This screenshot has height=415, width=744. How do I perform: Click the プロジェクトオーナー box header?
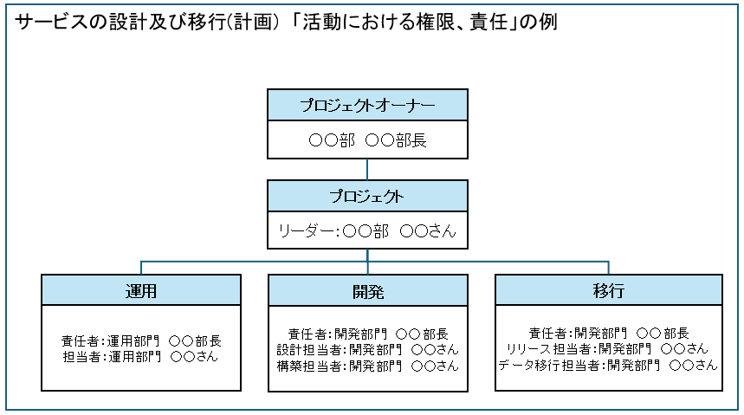coord(367,105)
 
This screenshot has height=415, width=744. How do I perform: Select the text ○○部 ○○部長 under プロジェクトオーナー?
coord(367,140)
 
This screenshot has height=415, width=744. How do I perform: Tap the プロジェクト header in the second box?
coord(367,196)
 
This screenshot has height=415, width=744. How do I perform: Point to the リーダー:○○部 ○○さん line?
coord(367,231)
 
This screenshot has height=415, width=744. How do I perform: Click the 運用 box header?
coord(140,290)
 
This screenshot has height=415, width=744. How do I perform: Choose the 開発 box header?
coord(367,290)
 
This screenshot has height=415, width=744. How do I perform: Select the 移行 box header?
coord(608,290)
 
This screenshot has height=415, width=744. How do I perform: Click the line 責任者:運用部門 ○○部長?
coord(141,340)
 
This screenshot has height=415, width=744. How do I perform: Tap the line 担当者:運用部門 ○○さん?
coord(141,356)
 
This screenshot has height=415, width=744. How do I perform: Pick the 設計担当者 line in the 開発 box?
coord(367,349)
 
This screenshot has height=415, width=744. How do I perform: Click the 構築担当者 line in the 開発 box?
coord(367,366)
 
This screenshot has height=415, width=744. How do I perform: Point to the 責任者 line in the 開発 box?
coord(367,334)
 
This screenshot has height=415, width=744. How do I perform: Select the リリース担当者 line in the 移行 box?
coord(608,349)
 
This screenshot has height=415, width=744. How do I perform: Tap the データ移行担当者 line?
coord(608,366)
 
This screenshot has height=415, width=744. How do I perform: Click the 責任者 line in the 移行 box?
coord(608,334)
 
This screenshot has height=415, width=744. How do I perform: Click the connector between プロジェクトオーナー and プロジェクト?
coord(367,169)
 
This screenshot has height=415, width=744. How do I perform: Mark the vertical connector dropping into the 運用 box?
coord(141,268)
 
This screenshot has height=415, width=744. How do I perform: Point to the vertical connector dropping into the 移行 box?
coord(608,268)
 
